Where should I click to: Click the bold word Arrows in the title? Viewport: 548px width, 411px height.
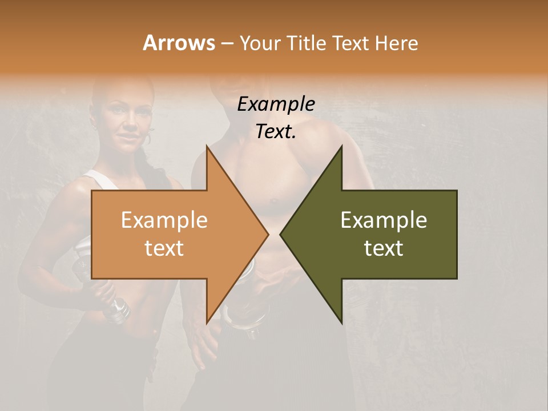179,43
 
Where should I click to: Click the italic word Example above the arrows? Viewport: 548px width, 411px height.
276,104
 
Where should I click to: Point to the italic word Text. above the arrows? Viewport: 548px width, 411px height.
276,132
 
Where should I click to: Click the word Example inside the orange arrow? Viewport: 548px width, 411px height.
164,220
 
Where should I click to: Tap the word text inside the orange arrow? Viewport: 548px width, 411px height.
164,248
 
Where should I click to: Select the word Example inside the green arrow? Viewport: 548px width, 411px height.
384,220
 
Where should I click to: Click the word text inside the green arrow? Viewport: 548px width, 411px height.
384,248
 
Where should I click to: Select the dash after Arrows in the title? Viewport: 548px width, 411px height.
227,43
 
